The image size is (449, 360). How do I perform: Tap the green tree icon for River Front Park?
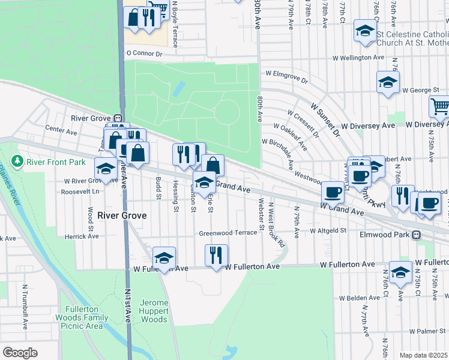pyautogui.click(x=18, y=161)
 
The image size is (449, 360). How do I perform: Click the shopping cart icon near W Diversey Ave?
pyautogui.click(x=440, y=107)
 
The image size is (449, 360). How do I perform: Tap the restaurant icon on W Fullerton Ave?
pyautogui.click(x=216, y=254)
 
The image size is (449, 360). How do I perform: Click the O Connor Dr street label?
pyautogui.click(x=144, y=53)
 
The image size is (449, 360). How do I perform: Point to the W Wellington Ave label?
pyautogui.click(x=358, y=58)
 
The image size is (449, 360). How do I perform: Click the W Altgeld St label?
pyautogui.click(x=328, y=230)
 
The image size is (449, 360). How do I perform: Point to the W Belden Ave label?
pyautogui.click(x=360, y=298)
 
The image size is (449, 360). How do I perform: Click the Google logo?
pyautogui.click(x=20, y=353)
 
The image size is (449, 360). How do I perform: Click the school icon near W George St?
pyautogui.click(x=388, y=82)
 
